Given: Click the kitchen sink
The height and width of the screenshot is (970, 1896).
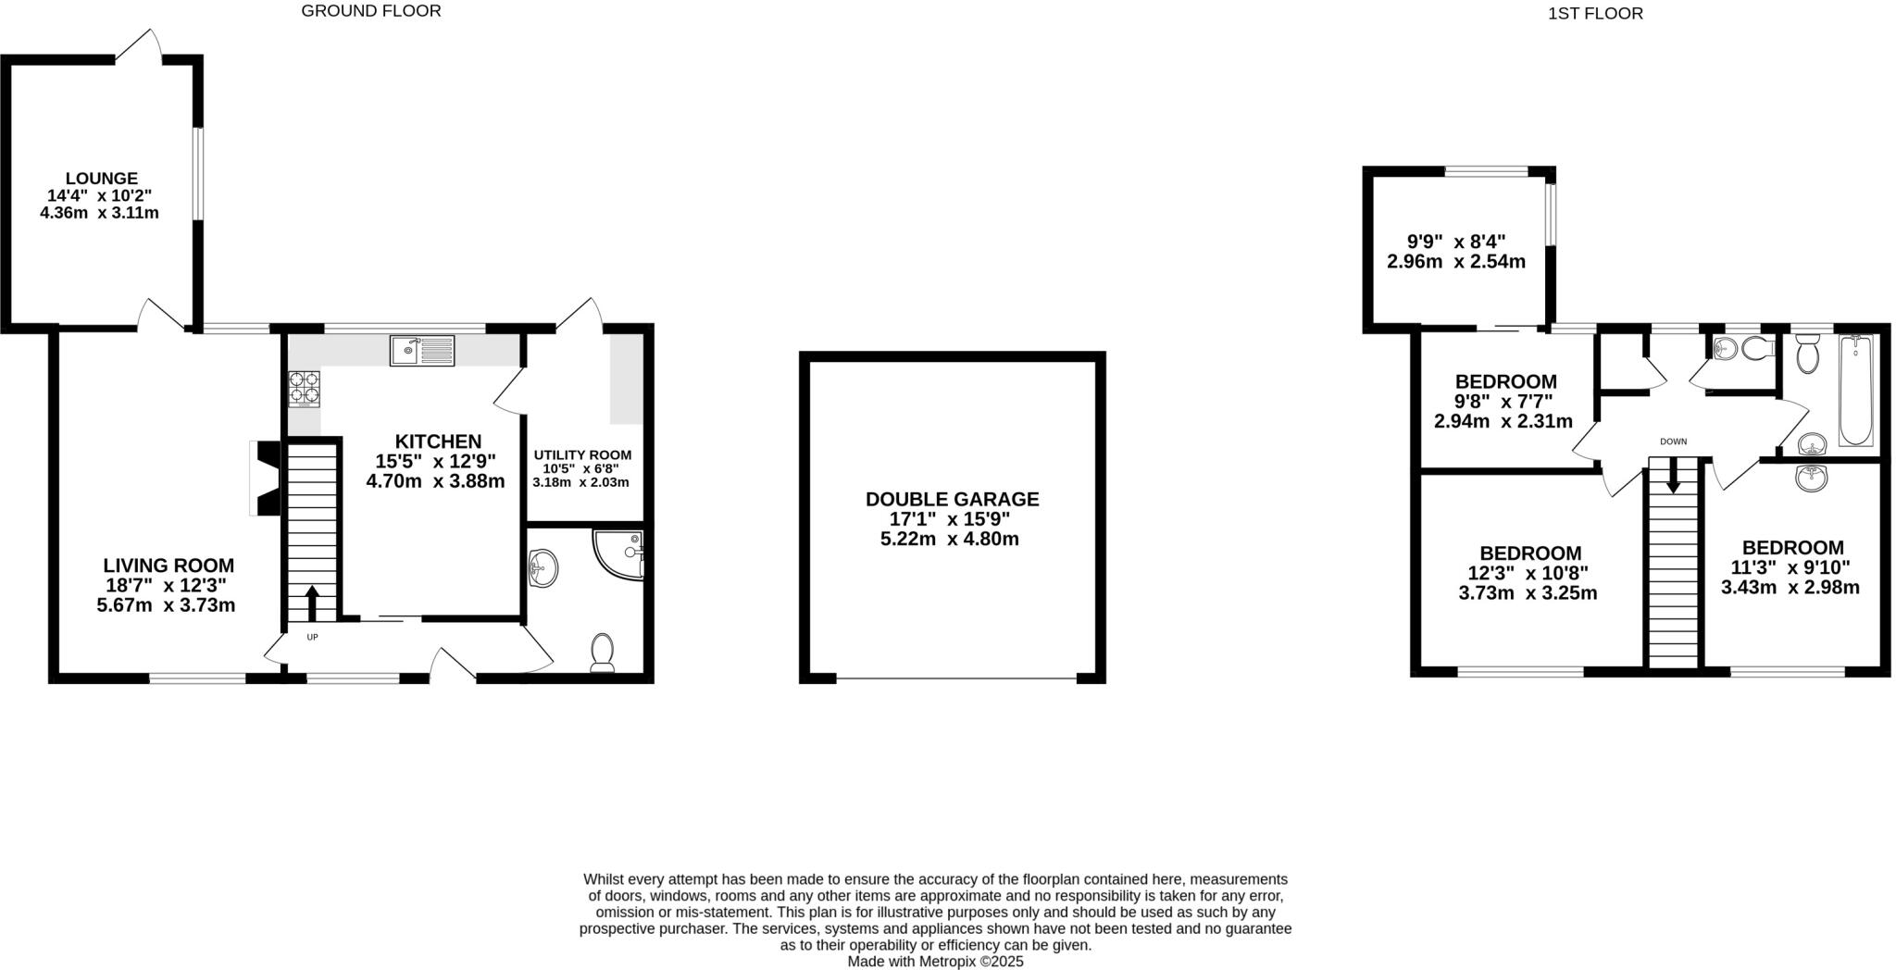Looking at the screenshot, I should coord(422,351).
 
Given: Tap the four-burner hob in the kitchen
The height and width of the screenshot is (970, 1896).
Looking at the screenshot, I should coord(305,389).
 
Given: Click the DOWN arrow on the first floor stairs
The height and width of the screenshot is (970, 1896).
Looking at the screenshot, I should coord(1673,476).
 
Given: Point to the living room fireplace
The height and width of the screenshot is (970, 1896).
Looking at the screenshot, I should coord(266,479).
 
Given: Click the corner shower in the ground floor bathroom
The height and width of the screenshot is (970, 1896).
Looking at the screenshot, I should coord(619,554).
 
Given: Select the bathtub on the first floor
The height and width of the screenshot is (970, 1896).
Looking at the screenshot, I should coord(1855,391).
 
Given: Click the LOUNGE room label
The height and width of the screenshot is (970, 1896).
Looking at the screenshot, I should coord(102,179).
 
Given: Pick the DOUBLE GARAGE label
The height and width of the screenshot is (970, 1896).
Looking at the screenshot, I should coord(952,500).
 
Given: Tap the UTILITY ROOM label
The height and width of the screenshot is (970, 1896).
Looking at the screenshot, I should coord(582,455).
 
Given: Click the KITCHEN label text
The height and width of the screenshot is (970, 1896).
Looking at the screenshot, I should coord(439,441).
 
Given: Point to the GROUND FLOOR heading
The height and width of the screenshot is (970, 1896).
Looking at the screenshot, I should coord(371,11).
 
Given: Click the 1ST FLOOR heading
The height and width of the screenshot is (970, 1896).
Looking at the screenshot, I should coord(1608,14).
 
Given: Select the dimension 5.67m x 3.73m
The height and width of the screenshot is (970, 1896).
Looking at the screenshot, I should coord(166,605).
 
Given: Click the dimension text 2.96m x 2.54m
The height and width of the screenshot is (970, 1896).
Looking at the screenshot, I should coord(1456,262).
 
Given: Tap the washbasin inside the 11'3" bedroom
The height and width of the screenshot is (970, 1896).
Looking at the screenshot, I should coord(1811,478).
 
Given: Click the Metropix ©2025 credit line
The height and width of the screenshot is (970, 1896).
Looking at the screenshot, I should coord(935,962).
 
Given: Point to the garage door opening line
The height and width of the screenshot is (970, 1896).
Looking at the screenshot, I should coord(956,680).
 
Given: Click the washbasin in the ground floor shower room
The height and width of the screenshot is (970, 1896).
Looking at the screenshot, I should coord(543,567).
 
